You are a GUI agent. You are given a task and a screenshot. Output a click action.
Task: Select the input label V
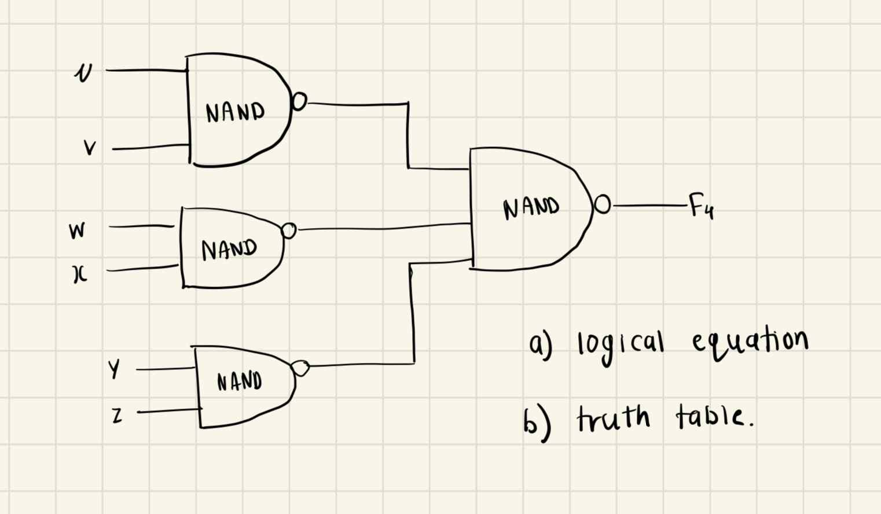90,148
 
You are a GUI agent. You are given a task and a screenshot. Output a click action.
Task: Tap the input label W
77,231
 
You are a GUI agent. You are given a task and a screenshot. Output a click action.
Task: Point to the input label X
80,275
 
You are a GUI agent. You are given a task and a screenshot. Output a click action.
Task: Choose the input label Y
115,369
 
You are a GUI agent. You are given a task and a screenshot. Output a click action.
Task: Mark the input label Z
117,415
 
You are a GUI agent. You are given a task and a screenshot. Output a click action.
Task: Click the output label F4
701,207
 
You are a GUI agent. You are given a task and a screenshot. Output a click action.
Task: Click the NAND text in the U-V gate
235,112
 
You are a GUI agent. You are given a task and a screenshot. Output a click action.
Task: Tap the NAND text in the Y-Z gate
240,381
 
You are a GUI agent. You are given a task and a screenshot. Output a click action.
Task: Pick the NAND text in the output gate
531,208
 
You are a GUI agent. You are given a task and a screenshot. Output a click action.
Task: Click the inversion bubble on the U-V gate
299,102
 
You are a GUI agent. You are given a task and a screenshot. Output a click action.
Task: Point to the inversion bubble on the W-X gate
288,231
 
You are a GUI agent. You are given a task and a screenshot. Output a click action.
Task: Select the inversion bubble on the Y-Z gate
300,368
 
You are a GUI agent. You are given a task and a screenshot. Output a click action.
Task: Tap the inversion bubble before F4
602,204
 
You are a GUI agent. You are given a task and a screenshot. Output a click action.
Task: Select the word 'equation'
749,342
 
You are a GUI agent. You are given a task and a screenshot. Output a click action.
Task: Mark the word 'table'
713,416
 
